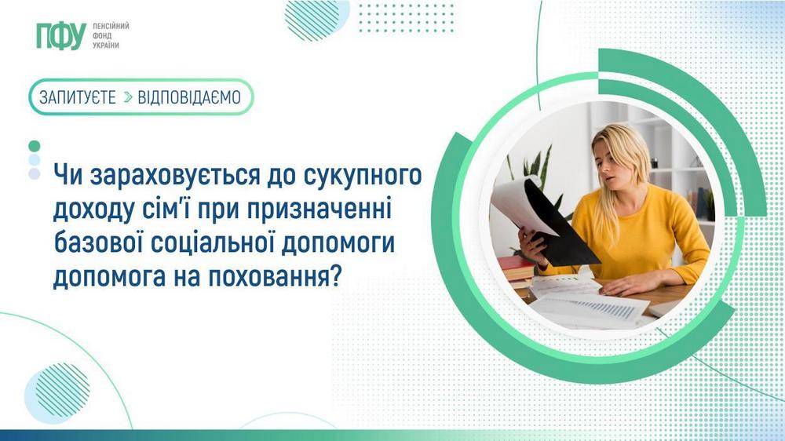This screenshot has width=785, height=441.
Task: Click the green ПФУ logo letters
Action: [x=60, y=36]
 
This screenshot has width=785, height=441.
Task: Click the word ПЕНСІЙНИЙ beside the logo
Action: [x=111, y=26]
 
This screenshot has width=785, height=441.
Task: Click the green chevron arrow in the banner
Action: [x=129, y=97]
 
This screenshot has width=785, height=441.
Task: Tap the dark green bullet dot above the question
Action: [x=34, y=146]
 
